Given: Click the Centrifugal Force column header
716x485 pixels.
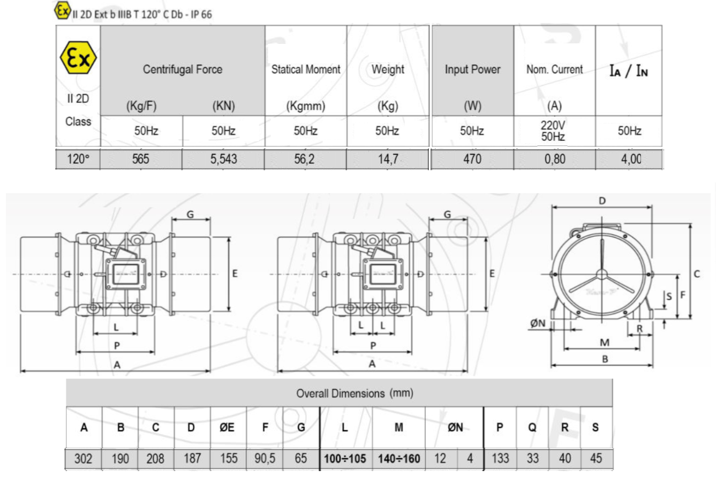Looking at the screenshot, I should pos(182,69).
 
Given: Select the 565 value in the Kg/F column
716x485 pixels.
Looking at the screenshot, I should pos(141,159).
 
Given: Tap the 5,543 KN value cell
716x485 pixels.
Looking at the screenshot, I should pos(223,159).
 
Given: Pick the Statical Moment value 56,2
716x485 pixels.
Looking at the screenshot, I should pos(305,159).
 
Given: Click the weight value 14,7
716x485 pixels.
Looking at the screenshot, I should pos(388,159).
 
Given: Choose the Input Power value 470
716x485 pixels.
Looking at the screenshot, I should pos(472,159).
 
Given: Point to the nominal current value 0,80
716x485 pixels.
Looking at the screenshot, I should pos(554,159).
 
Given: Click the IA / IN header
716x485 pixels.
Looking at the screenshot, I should pos(628,71).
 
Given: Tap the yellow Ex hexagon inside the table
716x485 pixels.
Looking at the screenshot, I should pos(78,58).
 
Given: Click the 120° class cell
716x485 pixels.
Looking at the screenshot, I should pos(78,159).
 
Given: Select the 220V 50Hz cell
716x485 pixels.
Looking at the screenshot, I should pos(553,131).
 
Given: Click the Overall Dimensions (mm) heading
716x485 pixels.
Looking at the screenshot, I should pos(355,393).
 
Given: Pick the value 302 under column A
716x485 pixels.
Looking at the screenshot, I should pos(84,458).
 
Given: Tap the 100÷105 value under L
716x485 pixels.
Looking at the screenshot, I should pos(345,459).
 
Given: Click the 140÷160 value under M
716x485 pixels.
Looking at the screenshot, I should pos(398,459).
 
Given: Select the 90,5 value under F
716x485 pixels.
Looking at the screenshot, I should pos(265,458).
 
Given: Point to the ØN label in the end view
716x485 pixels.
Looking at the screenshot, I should pos(538,323).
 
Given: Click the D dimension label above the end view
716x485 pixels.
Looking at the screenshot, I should pos(602,201).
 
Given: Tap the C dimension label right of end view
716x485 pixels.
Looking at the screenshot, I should pos(697,274).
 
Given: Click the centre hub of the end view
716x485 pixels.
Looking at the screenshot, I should pos(602,275).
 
